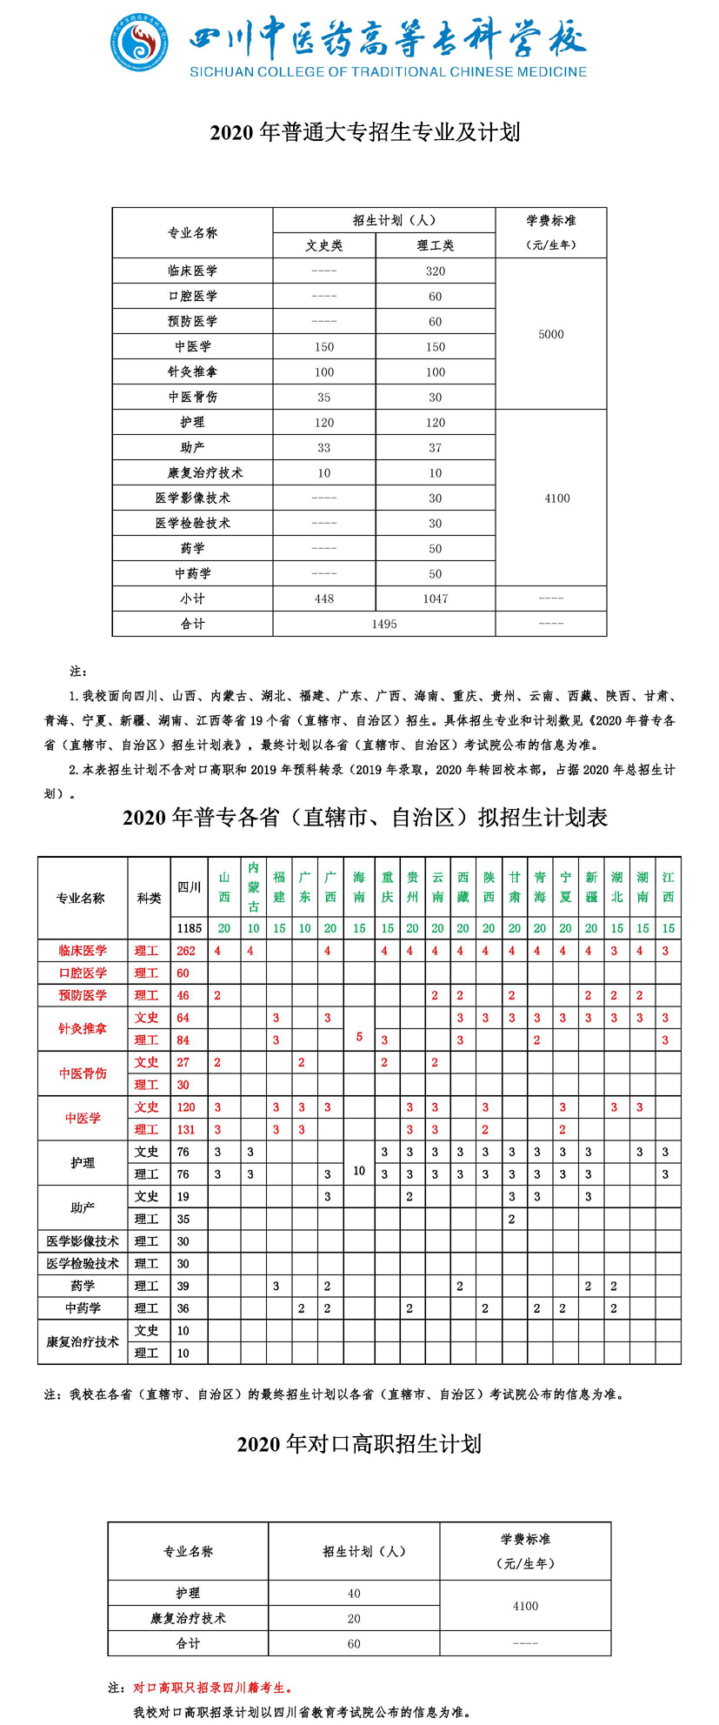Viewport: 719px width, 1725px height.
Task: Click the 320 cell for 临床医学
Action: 435,271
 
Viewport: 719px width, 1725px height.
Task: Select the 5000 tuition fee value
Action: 551,334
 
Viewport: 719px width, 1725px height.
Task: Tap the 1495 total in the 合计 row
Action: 383,624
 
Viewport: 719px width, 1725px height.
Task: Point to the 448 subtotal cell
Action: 324,598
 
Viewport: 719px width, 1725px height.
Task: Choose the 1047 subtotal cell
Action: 435,598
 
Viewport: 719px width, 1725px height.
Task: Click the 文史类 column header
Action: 324,245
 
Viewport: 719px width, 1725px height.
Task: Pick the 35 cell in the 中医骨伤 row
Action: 324,397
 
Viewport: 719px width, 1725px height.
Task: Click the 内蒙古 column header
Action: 253,886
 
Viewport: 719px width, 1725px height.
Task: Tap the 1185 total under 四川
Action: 189,928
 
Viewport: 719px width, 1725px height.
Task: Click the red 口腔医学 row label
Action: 83,973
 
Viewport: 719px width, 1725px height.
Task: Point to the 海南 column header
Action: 359,886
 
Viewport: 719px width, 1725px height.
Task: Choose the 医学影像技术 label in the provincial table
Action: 83,1241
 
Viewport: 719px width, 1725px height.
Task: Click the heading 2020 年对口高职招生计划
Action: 359,1444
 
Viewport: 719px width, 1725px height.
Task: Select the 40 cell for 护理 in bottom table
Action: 354,1594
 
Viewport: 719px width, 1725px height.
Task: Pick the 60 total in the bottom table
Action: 354,1644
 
